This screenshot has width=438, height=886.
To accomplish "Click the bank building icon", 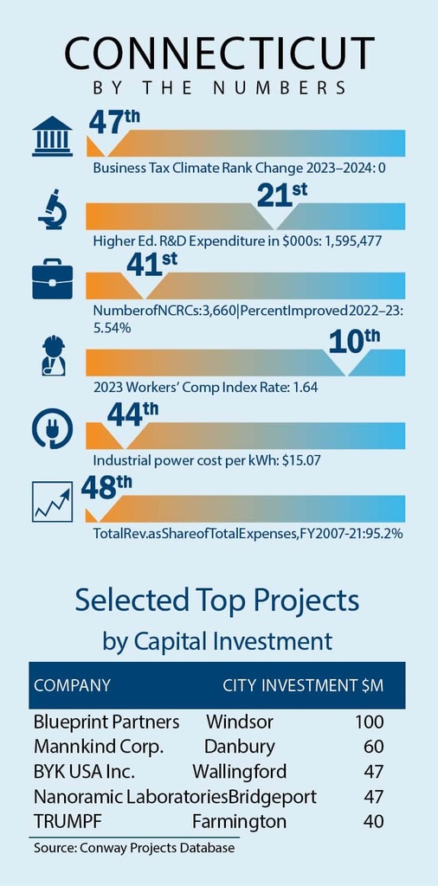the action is pyautogui.click(x=52, y=136).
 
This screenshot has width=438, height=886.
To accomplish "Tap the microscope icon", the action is pyautogui.click(x=53, y=211).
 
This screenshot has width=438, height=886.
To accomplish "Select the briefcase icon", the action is pyautogui.click(x=52, y=279).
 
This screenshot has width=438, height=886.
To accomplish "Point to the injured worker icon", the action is pyautogui.click(x=54, y=356).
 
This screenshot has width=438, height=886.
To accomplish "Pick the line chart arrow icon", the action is pyautogui.click(x=52, y=501).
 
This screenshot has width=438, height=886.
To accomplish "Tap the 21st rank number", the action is pyautogui.click(x=282, y=195).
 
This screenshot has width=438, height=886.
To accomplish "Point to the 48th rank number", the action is pyautogui.click(x=106, y=488).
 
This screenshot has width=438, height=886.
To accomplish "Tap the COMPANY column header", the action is pyautogui.click(x=72, y=685).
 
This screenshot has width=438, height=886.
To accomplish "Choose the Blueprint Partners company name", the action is pyautogui.click(x=106, y=722).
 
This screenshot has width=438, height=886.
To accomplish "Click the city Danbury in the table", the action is pyautogui.click(x=240, y=747).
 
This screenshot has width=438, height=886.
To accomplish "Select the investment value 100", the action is pyautogui.click(x=370, y=722).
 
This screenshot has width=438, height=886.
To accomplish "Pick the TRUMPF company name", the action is pyautogui.click(x=68, y=821).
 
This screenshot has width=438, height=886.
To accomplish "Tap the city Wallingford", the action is pyautogui.click(x=239, y=772).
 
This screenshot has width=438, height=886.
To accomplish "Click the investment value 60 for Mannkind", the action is pyautogui.click(x=374, y=747).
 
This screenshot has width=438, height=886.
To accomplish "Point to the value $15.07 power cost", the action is pyautogui.click(x=301, y=460).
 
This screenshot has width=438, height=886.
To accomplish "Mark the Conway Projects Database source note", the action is pyautogui.click(x=134, y=848).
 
